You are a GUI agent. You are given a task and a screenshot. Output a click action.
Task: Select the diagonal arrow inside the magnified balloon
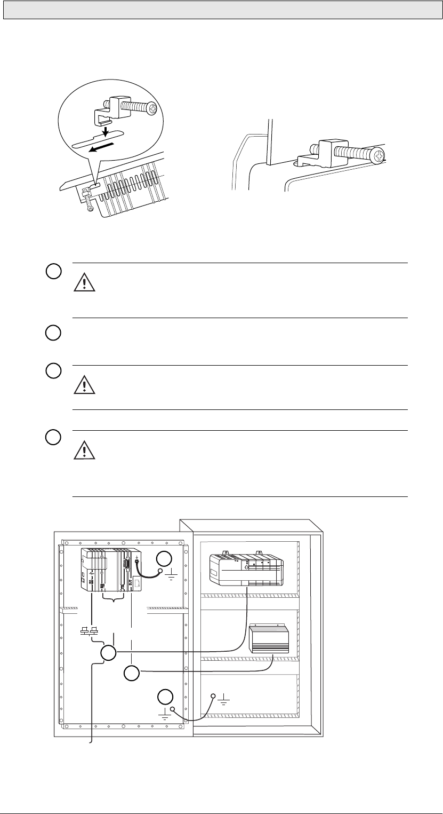101,147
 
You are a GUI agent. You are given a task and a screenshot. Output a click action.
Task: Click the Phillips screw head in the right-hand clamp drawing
378,156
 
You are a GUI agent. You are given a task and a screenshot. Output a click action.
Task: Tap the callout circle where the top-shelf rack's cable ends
108,652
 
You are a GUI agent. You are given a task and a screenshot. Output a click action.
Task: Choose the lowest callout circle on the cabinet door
165,697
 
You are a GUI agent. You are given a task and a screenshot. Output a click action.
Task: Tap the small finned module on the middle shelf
269,639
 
